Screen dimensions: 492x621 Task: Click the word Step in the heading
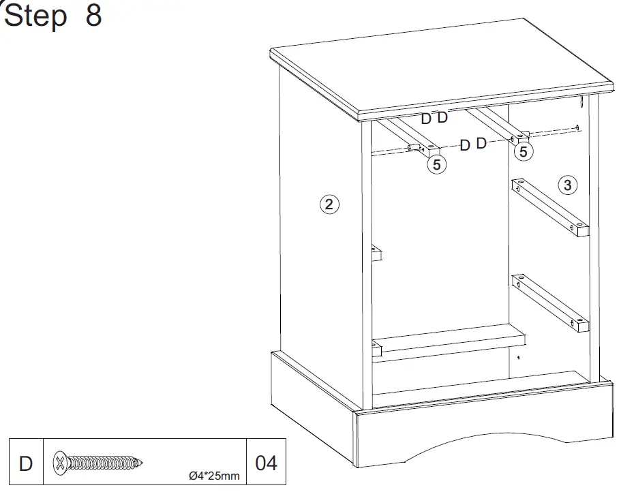click(35, 16)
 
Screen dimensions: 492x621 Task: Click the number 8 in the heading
click(93, 16)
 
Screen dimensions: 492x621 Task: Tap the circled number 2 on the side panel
click(330, 204)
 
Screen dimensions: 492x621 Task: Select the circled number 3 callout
click(567, 184)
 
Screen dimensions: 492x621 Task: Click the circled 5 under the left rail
click(436, 164)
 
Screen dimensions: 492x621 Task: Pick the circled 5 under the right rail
click(523, 151)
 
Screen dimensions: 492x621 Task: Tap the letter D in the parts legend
click(25, 463)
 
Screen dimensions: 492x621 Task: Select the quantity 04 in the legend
click(266, 463)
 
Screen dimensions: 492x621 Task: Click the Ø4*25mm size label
click(214, 476)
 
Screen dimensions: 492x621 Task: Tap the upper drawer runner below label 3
click(549, 208)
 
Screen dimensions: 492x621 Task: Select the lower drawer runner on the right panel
click(549, 301)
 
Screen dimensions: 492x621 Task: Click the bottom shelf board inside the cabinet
click(450, 339)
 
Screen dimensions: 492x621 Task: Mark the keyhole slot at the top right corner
click(580, 103)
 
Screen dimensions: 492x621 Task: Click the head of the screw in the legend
click(61, 463)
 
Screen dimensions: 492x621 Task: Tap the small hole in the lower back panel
click(518, 356)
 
